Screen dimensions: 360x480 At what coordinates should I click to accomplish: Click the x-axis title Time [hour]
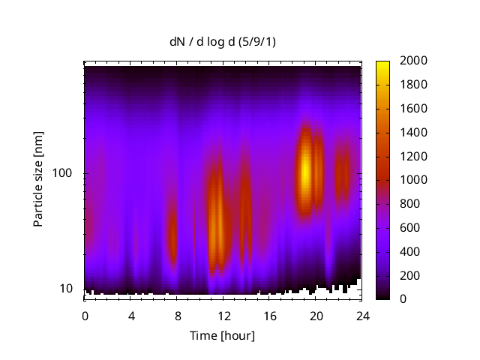tap(222, 335)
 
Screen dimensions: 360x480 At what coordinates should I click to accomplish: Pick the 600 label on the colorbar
tap(409, 228)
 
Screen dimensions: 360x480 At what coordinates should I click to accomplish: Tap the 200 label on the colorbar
tap(409, 275)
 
